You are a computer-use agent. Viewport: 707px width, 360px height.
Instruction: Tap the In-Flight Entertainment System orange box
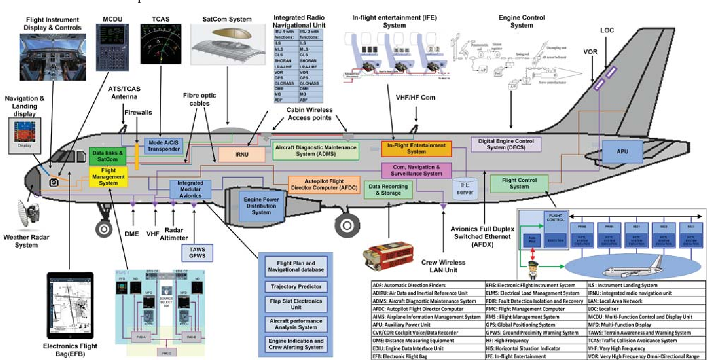(x=416, y=149)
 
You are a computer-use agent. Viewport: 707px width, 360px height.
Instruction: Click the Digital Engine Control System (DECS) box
(x=506, y=144)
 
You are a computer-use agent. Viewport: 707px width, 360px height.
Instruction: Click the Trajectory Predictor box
(x=296, y=287)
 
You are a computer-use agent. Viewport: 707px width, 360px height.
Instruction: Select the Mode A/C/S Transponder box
(x=163, y=146)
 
